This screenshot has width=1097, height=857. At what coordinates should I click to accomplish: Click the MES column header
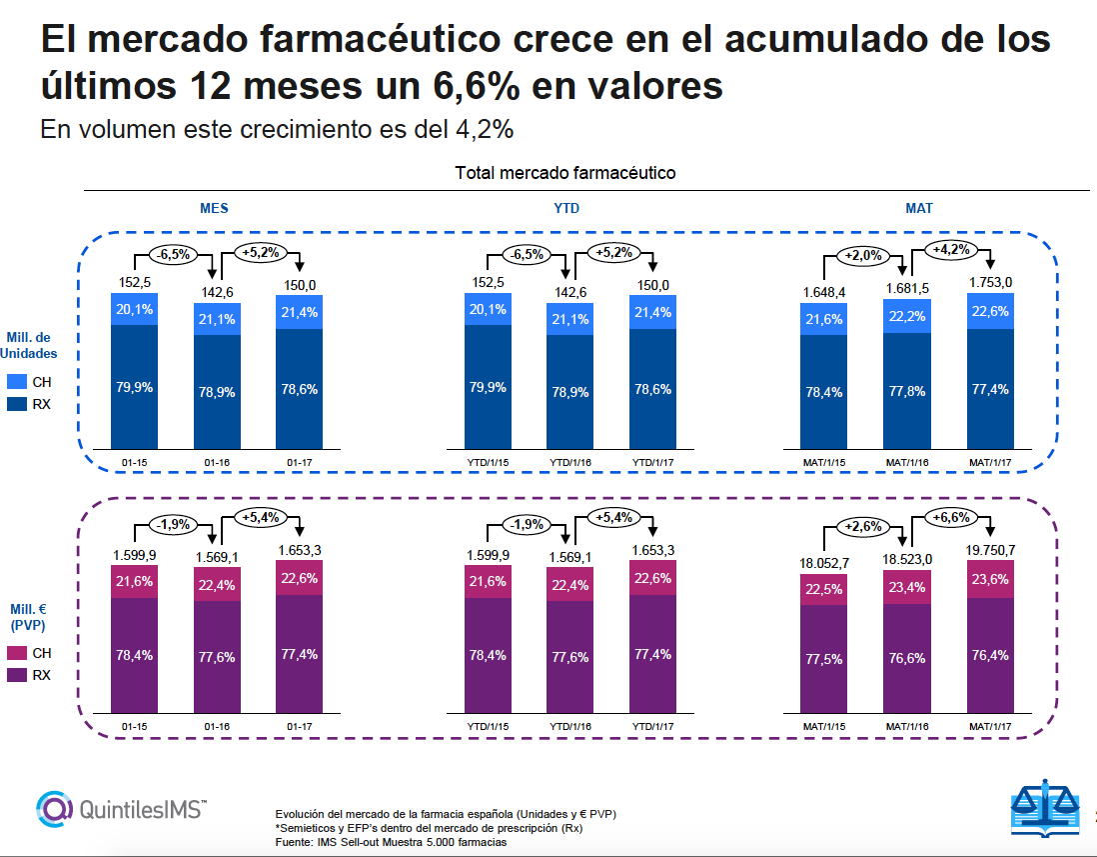[x=214, y=208]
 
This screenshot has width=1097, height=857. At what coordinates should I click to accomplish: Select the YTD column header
[x=565, y=208]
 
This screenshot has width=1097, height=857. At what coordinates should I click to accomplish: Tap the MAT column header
[x=919, y=208]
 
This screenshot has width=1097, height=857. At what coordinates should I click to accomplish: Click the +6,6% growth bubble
[x=954, y=517]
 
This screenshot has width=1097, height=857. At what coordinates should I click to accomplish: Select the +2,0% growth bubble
[x=863, y=255]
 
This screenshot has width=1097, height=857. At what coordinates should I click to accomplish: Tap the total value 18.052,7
[x=824, y=563]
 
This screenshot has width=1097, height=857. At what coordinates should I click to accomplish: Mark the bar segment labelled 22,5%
[x=824, y=589]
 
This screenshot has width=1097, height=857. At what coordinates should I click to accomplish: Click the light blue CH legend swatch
[x=17, y=382]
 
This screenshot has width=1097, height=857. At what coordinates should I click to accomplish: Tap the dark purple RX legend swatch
[x=17, y=676]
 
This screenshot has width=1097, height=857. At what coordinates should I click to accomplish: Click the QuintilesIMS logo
[x=121, y=806]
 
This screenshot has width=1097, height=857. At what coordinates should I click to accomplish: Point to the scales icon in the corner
[x=1047, y=806]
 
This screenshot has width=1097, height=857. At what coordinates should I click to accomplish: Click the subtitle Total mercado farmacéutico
[x=565, y=173]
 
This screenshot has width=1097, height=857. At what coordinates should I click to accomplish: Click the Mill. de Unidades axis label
[x=30, y=345]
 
